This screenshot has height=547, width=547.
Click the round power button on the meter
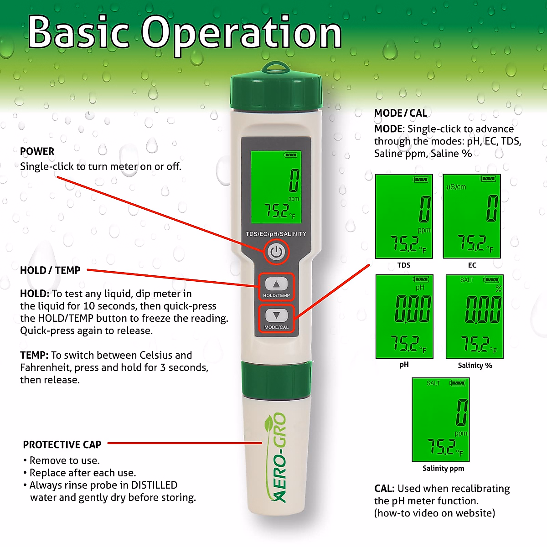pyautogui.click(x=276, y=252)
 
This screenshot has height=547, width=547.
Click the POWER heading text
pyautogui.click(x=37, y=151)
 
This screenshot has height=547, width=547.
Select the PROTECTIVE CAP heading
pyautogui.click(x=62, y=444)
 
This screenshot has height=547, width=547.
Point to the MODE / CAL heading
pyautogui.click(x=401, y=113)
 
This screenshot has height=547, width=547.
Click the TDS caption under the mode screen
pyautogui.click(x=404, y=265)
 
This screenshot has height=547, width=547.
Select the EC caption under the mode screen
pyautogui.click(x=472, y=265)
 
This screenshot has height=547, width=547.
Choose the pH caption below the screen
pyautogui.click(x=404, y=365)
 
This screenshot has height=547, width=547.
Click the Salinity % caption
pyautogui.click(x=475, y=366)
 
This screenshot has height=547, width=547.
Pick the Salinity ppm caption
pyautogui.click(x=443, y=468)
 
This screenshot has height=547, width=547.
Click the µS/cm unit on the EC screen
pyautogui.click(x=456, y=187)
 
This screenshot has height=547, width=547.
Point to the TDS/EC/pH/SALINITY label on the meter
pyautogui.click(x=276, y=234)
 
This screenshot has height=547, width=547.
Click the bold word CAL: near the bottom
pyautogui.click(x=384, y=489)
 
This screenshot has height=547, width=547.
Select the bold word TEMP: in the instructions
pyautogui.click(x=34, y=355)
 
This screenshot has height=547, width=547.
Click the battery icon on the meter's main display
pyautogui.click(x=291, y=155)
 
